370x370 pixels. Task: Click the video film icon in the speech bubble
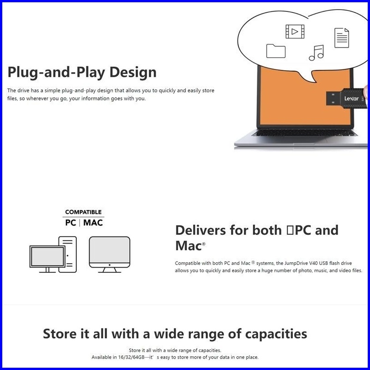tap(295, 31)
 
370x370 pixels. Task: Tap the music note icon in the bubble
tap(316, 53)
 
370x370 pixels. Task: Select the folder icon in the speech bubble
tap(275, 51)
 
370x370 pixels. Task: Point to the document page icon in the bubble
tap(341, 38)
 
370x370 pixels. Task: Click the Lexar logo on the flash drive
tap(351, 98)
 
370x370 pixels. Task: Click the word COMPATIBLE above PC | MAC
tap(83, 212)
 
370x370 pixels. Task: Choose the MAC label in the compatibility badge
tap(93, 223)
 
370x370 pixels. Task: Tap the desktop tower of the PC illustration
tap(68, 254)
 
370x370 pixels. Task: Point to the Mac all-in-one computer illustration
tap(109, 253)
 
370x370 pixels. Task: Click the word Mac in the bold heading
tap(188, 246)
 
